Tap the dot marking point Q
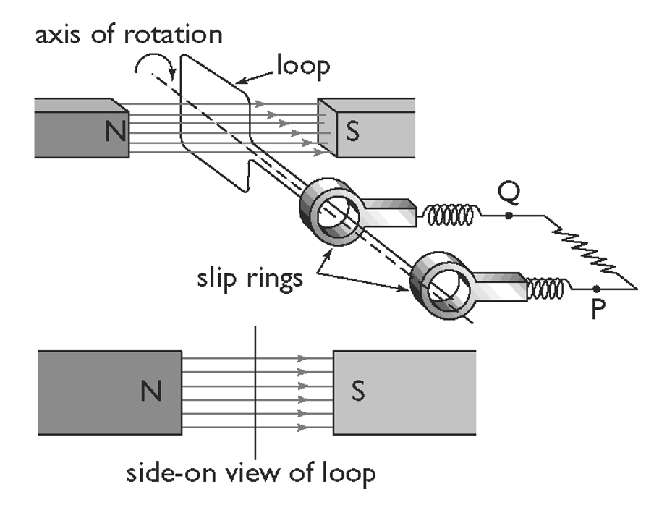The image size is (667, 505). [x=510, y=216]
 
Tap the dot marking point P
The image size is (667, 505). [x=596, y=289]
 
